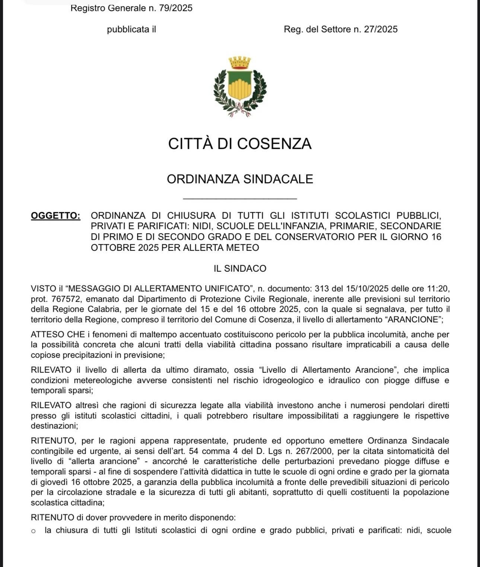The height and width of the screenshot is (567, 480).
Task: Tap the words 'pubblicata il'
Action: coord(131,29)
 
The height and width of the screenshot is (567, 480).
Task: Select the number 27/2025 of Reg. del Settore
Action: coord(381,29)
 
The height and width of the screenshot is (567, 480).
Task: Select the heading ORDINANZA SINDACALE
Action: coord(240,179)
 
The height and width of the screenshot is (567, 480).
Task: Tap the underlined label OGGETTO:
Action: coord(55,215)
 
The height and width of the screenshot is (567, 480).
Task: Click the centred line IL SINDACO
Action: coord(240,268)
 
